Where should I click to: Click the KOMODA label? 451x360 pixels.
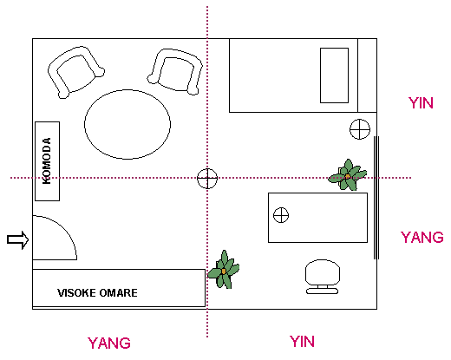[x=47, y=160]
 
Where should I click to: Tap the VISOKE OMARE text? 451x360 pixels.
[x=97, y=293]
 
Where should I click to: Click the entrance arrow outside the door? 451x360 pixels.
[x=18, y=239]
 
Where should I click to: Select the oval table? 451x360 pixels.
[x=127, y=124]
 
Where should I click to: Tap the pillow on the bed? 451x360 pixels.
[x=334, y=75]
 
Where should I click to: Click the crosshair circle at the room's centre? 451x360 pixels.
[x=207, y=179]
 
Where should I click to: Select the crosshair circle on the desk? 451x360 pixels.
[x=281, y=215]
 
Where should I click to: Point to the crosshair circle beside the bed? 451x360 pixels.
[x=360, y=129]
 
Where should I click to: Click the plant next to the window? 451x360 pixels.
[x=348, y=175]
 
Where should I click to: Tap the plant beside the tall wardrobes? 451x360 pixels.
[x=224, y=270]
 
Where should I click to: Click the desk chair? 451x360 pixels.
[x=323, y=277]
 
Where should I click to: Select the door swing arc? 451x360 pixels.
[x=64, y=228]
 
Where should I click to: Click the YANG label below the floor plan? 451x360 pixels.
[x=109, y=344]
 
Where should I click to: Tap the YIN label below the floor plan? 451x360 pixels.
[x=302, y=342]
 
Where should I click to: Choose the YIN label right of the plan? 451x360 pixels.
[x=421, y=103]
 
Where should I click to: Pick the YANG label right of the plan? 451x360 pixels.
[x=422, y=238]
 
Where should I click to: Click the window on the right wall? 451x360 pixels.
[x=376, y=198]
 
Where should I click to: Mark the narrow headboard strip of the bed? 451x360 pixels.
[x=367, y=75]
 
